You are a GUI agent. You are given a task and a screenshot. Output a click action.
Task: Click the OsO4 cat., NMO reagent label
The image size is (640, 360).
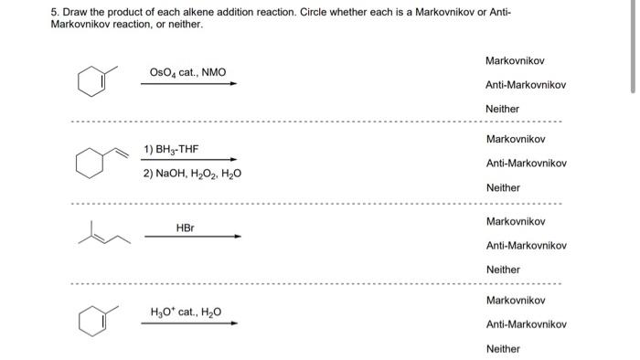pyautogui.click(x=187, y=72)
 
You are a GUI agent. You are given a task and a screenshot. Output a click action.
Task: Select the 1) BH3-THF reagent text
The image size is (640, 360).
pyautogui.click(x=170, y=149)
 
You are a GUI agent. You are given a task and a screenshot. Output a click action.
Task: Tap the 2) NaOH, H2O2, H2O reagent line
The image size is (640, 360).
pyautogui.click(x=192, y=174)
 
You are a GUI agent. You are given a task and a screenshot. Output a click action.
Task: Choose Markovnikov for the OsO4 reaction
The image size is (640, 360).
pyautogui.click(x=515, y=60)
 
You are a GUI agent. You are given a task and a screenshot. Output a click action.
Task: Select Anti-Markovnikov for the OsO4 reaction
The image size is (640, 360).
pyautogui.click(x=526, y=85)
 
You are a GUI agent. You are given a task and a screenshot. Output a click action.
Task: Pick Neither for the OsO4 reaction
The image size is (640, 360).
pyautogui.click(x=502, y=109)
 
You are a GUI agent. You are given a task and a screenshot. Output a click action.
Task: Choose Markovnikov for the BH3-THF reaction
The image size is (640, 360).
pyautogui.click(x=515, y=139)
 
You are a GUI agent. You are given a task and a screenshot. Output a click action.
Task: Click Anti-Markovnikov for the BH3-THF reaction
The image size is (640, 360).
pyautogui.click(x=526, y=164)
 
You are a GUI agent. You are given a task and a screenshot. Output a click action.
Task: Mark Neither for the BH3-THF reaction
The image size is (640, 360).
pyautogui.click(x=502, y=187)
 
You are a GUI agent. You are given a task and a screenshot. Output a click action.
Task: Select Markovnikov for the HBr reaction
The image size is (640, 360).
pyautogui.click(x=515, y=221)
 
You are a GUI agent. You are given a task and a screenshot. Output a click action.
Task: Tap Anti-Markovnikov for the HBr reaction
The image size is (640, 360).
pyautogui.click(x=526, y=245)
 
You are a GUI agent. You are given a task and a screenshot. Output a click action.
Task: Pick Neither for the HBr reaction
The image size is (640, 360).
pyautogui.click(x=502, y=270)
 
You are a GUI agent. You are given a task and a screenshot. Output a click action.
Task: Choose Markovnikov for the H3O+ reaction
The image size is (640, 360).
pyautogui.click(x=515, y=300)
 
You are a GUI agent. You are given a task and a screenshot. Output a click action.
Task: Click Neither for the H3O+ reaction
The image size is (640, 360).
pyautogui.click(x=502, y=348)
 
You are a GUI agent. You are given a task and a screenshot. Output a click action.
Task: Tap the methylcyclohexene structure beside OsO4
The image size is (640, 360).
pyautogui.click(x=95, y=81)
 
